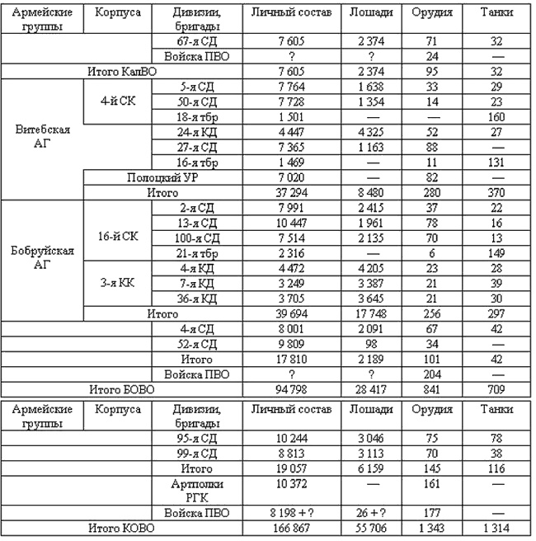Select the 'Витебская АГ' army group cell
point(41,138)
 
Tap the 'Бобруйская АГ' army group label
point(41,259)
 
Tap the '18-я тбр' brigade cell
point(198,115)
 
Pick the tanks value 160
point(496,115)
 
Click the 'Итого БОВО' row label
point(123,388)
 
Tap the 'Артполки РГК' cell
point(198,490)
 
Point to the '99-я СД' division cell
point(198,452)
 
